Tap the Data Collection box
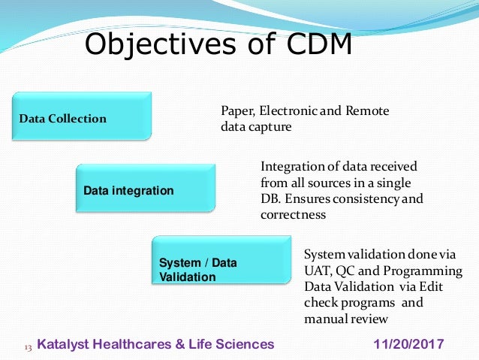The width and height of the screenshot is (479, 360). point(81,117)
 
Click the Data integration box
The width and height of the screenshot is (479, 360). point(144,190)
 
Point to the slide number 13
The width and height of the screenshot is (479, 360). point(28,346)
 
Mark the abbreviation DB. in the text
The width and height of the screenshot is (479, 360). point(271,199)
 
